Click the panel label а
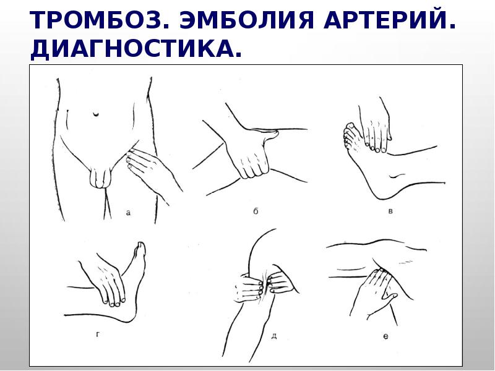pyautogui.click(x=128, y=212)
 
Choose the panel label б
pyautogui.click(x=256, y=211)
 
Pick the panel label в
pyautogui.click(x=390, y=211)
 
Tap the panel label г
pyautogui.click(x=98, y=335)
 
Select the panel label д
pyautogui.click(x=274, y=336)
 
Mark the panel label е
pyautogui.click(x=385, y=336)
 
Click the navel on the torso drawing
pyautogui.click(x=96, y=114)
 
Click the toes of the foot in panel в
pyautogui.click(x=348, y=135)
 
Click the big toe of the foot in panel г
pyautogui.click(x=140, y=249)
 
